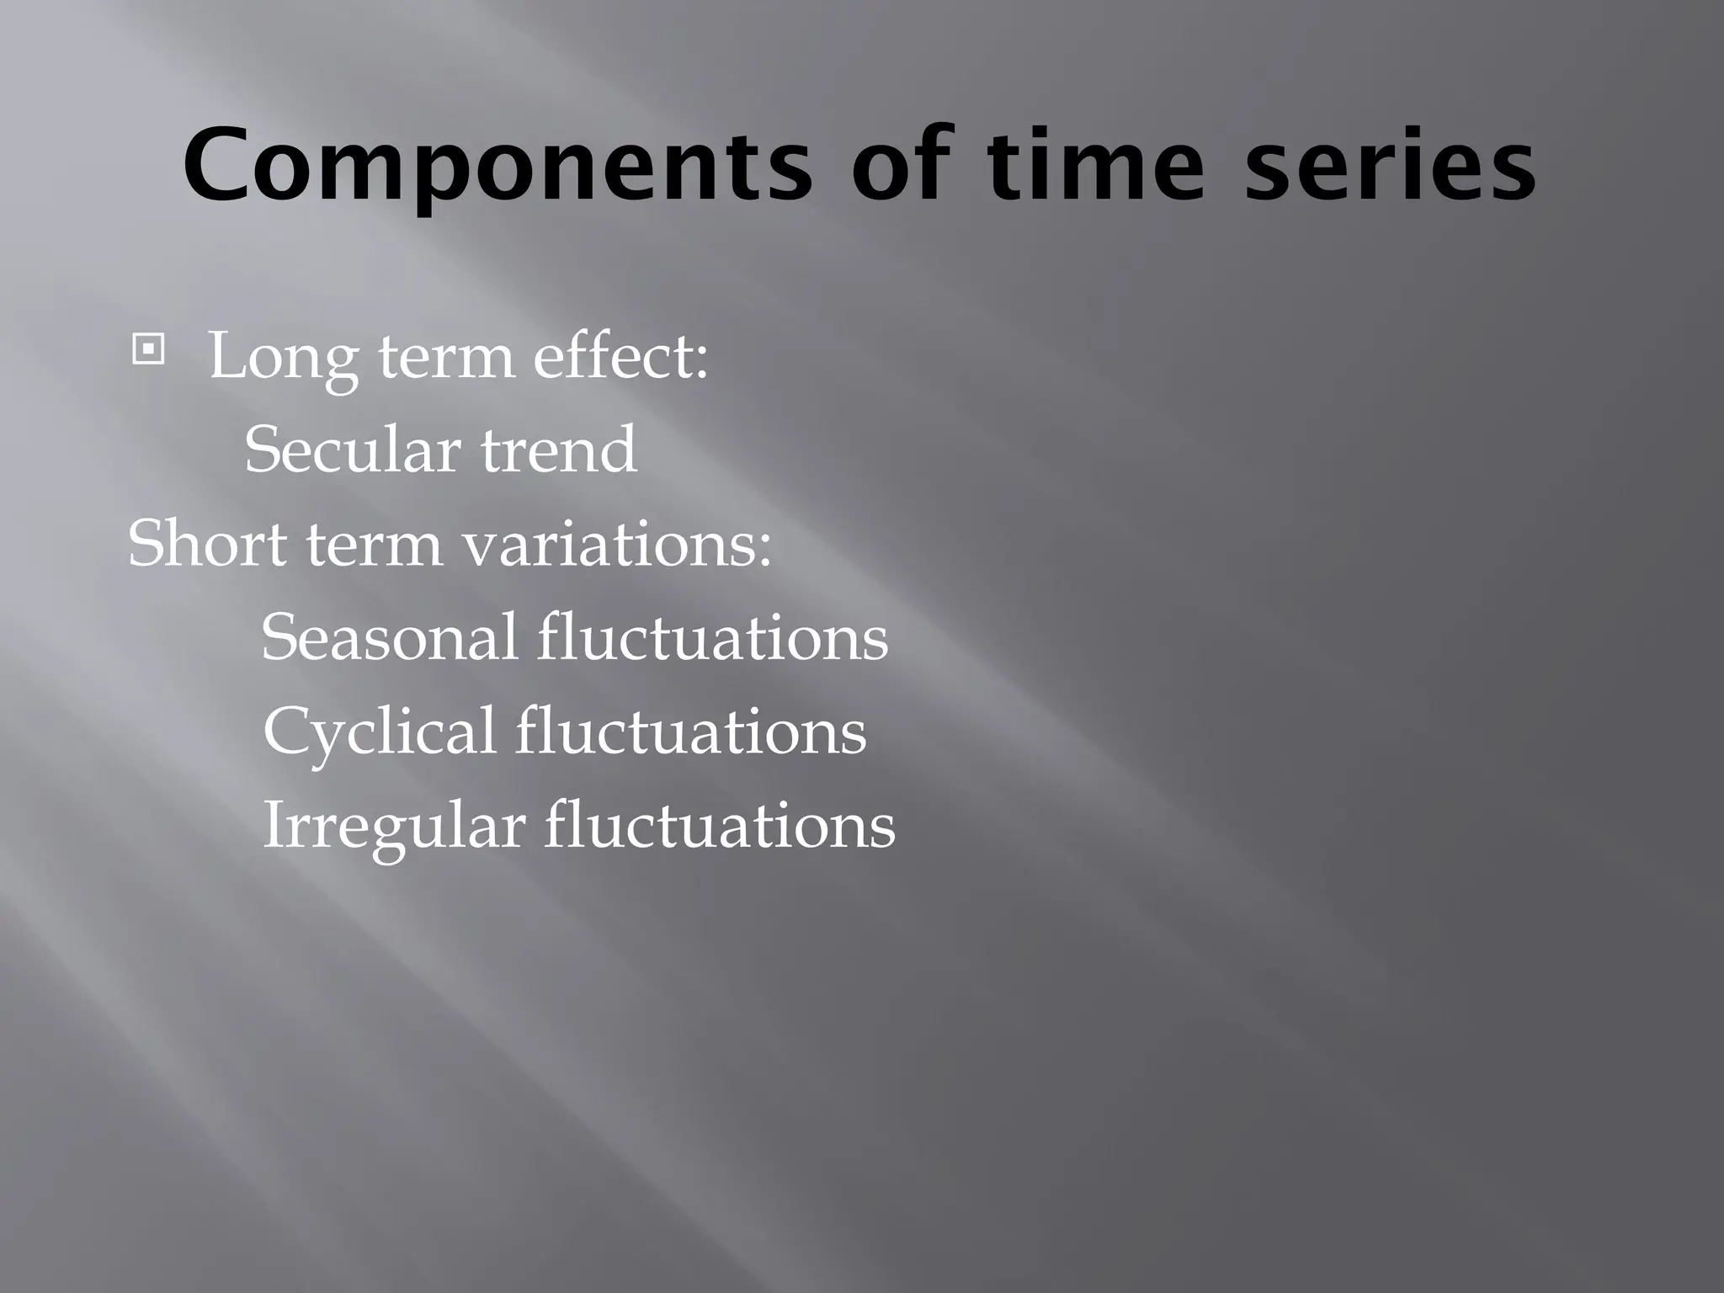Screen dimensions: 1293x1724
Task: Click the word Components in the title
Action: [497, 165]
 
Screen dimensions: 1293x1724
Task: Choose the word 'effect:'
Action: [620, 355]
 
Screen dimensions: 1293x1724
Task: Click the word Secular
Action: [351, 450]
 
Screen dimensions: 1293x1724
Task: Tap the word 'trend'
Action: [558, 450]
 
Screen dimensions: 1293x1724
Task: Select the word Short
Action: [207, 543]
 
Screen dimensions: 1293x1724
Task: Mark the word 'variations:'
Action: [617, 543]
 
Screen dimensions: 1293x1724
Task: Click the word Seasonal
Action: [389, 637]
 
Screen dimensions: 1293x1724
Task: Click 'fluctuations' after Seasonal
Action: [712, 637]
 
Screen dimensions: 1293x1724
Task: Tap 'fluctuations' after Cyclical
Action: [690, 731]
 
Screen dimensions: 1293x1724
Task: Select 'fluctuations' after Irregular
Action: [719, 825]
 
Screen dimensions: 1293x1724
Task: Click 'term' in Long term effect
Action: [446, 357]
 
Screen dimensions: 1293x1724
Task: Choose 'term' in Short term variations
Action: [374, 545]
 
